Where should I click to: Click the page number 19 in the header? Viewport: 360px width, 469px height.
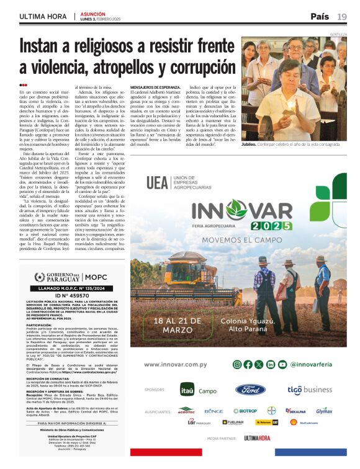pyautogui.click(x=342, y=16)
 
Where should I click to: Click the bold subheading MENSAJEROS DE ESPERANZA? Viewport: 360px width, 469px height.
pyautogui.click(x=155, y=88)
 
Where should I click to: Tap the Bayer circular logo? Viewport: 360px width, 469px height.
pyautogui.click(x=271, y=410)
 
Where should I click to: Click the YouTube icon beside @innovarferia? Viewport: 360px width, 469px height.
pyautogui.click(x=281, y=364)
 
